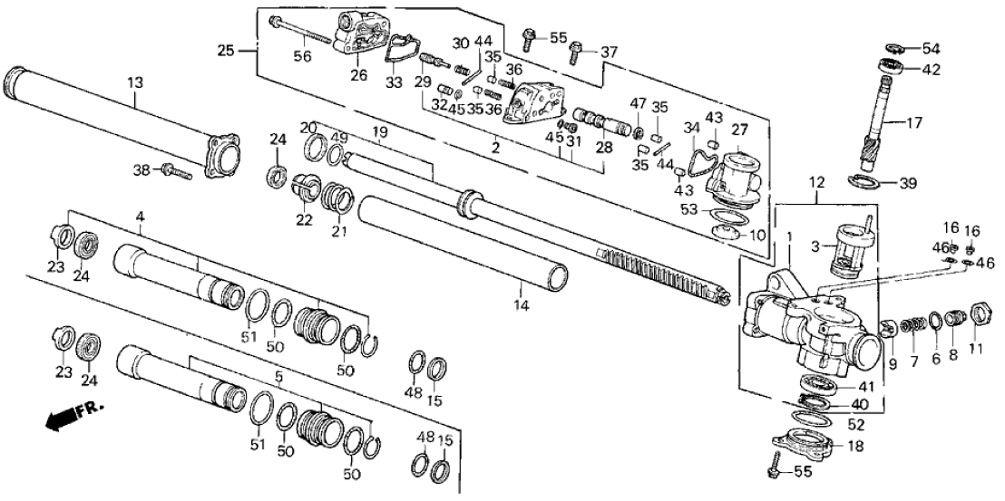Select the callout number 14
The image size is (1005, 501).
tap(520, 305)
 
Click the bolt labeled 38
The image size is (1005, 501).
tap(176, 169)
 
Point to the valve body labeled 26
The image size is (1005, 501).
tap(362, 34)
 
